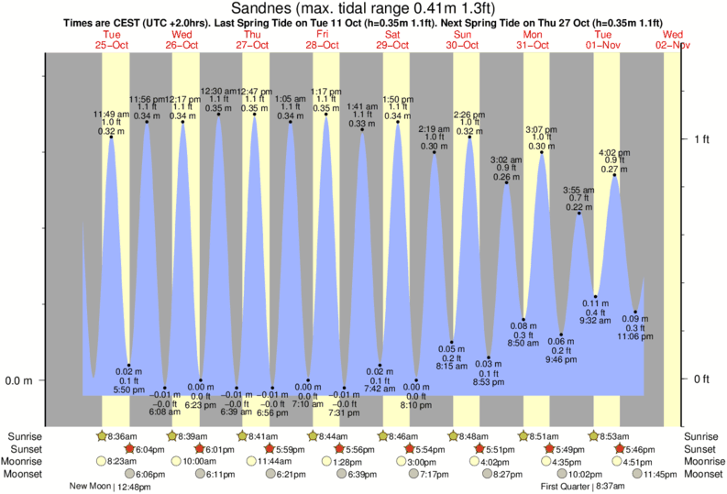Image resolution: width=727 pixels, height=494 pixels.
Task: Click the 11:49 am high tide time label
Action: coord(110,114)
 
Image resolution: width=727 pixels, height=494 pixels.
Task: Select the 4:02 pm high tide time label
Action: coord(613,152)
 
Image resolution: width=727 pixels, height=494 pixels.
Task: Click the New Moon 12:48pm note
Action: coord(110,487)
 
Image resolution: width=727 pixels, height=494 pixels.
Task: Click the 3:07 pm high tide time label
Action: coord(541,129)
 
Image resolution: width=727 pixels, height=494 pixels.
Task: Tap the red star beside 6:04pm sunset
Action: coord(129,448)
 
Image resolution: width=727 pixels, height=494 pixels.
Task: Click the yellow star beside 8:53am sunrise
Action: coord(594,435)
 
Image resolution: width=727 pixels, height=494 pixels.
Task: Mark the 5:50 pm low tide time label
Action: coord(128,390)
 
